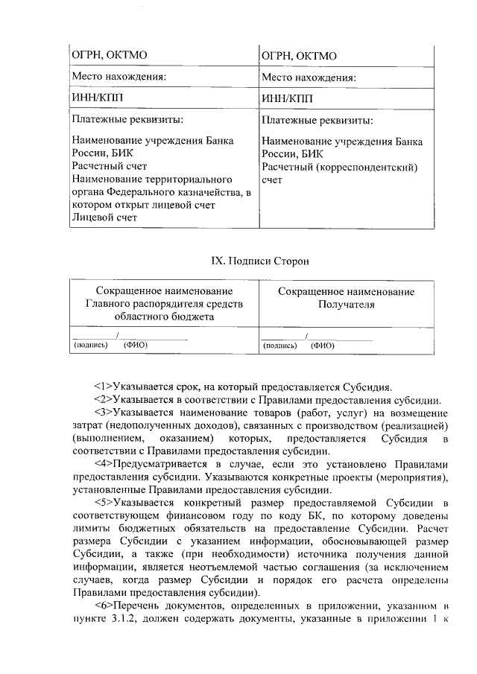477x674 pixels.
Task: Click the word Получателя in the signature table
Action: coord(346,305)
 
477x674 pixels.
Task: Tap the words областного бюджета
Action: coord(164,317)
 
